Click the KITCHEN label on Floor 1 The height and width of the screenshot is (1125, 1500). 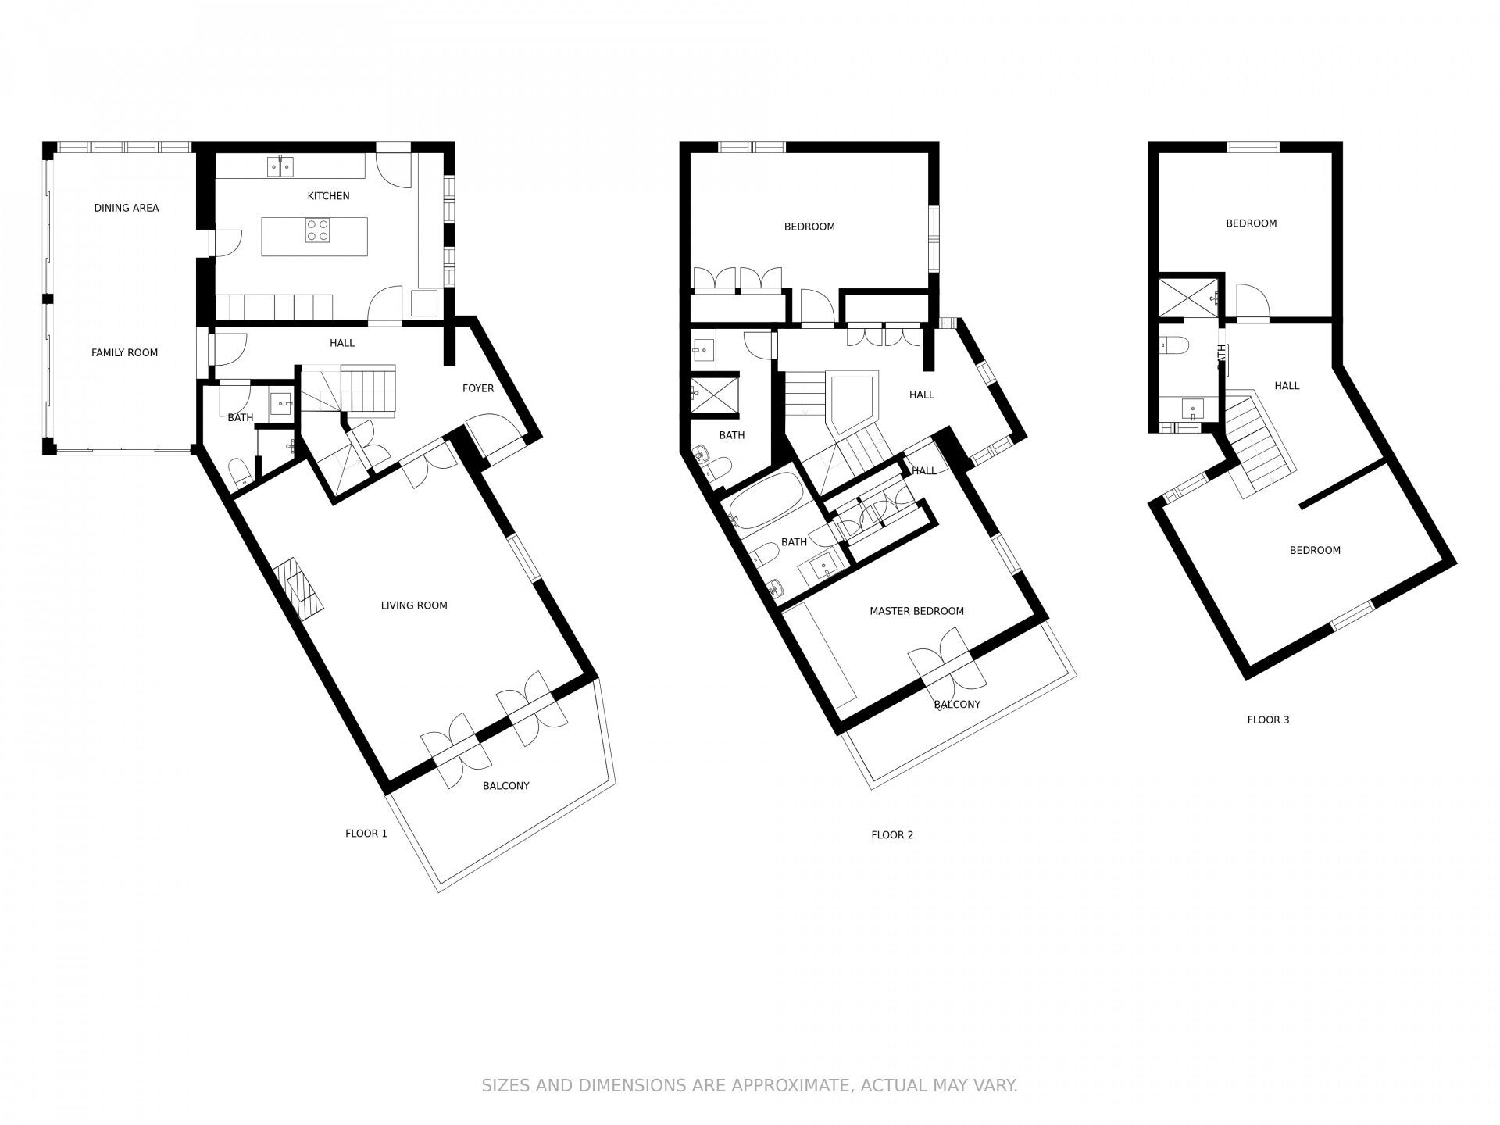pyautogui.click(x=328, y=196)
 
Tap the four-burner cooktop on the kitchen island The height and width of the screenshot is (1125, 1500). pyautogui.click(x=317, y=230)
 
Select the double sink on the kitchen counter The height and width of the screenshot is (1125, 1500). pyautogui.click(x=280, y=166)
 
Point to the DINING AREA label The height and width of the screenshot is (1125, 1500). pyautogui.click(x=127, y=208)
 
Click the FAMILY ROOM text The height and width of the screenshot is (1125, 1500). pyautogui.click(x=125, y=352)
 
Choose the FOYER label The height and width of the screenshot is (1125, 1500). pyautogui.click(x=478, y=388)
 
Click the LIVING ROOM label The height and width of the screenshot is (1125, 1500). pyautogui.click(x=414, y=605)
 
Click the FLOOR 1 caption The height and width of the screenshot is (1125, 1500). pyautogui.click(x=366, y=834)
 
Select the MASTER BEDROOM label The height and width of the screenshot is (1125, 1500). pyautogui.click(x=917, y=611)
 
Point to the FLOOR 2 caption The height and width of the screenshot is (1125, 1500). pyautogui.click(x=892, y=835)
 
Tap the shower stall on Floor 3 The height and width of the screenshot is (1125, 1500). pyautogui.click(x=1188, y=298)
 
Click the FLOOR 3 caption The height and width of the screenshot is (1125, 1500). pyautogui.click(x=1268, y=720)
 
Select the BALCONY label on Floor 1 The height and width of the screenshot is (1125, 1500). pyautogui.click(x=506, y=786)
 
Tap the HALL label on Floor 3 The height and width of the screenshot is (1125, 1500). pyautogui.click(x=1287, y=385)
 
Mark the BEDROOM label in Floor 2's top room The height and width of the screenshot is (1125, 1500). pyautogui.click(x=809, y=227)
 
